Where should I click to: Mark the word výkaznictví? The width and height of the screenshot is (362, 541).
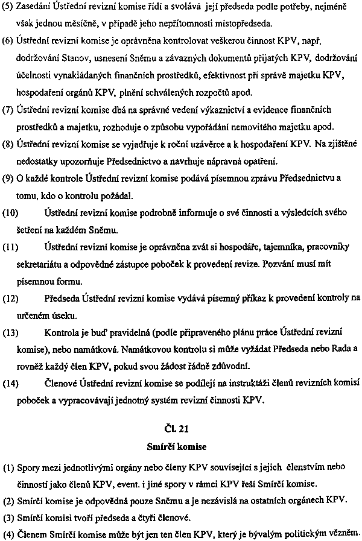click(224, 110)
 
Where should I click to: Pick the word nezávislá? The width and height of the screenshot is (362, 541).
click(195, 501)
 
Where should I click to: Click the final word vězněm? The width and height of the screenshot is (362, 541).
click(344, 533)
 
